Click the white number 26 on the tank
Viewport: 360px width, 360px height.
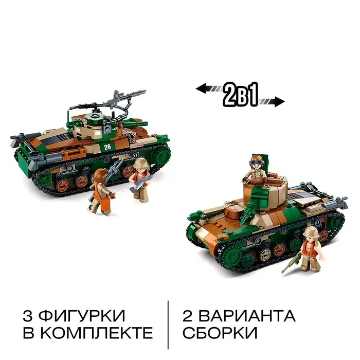coord(107,147)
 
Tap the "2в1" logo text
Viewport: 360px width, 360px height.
coord(241,95)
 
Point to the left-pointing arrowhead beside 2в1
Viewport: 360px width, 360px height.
coord(201,89)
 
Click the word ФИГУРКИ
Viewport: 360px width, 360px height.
coord(82,316)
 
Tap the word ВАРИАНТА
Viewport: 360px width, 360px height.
coord(247,316)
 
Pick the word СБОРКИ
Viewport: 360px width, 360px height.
coord(220,333)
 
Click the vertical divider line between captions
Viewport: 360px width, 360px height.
coord(168,325)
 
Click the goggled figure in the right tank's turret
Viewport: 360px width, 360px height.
coord(256,170)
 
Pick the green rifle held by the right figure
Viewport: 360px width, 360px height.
coord(292,263)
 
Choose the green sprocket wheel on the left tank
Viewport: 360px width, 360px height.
coord(162,155)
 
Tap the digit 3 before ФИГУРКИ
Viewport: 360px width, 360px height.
coord(28,316)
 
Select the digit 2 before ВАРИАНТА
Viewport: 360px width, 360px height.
coord(188,316)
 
